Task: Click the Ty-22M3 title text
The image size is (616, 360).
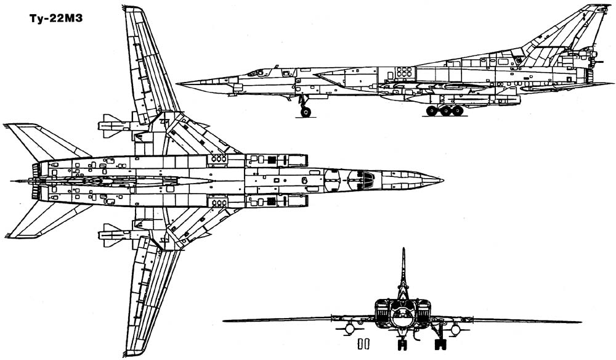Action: [56, 19]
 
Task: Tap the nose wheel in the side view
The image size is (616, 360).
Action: [306, 112]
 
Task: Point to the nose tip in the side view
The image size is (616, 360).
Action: [177, 83]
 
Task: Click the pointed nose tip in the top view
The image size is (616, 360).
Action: [442, 181]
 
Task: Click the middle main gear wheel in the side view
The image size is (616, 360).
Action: [445, 111]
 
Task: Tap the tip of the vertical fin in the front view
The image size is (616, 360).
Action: [403, 249]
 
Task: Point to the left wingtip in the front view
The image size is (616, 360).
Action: [225, 321]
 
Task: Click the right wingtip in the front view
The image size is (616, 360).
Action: [580, 322]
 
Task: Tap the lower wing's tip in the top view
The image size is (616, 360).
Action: [133, 353]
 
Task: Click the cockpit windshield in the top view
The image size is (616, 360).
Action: [367, 181]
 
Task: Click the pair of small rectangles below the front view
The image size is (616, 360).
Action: [363, 344]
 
